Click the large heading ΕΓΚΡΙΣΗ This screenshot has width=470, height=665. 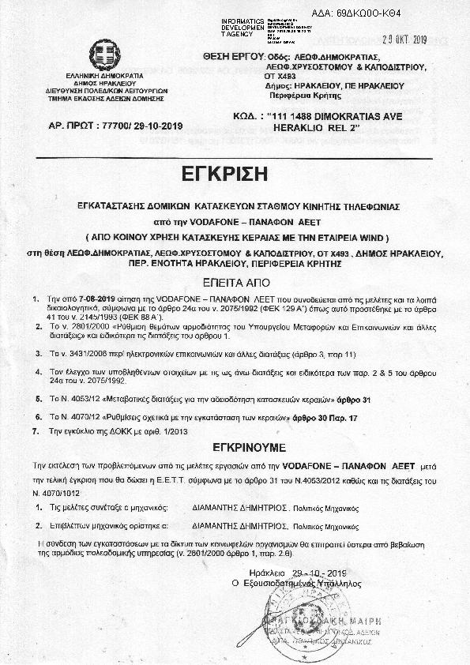click(x=235, y=174)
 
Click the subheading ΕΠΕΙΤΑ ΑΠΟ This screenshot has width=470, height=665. click(x=235, y=280)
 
